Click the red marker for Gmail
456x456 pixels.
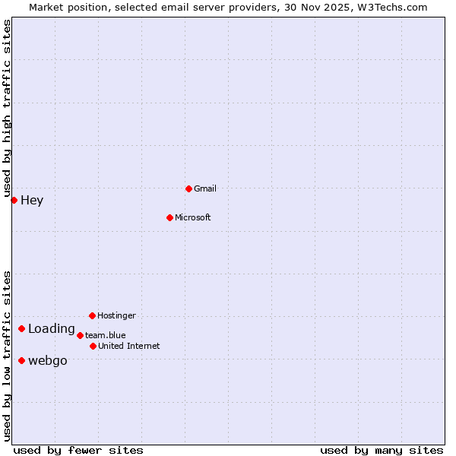tap(188, 188)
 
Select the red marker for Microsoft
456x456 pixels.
tap(169, 217)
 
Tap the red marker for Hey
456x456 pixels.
tap(14, 200)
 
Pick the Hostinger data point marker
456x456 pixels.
tap(92, 315)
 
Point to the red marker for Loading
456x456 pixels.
tap(21, 329)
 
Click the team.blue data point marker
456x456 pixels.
tap(80, 335)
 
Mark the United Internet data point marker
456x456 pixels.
tap(93, 346)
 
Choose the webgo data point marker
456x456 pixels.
tap(21, 360)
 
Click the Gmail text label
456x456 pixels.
tap(205, 188)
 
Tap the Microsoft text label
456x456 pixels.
tap(192, 217)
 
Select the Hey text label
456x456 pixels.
tap(32, 201)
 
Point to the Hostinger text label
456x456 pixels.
tap(116, 315)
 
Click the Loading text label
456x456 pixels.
tap(52, 329)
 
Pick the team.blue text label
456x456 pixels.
tap(106, 335)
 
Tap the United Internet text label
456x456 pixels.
tap(129, 346)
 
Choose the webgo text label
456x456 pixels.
tap(48, 361)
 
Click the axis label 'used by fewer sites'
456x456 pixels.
tap(78, 450)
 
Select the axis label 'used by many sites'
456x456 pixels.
tap(382, 450)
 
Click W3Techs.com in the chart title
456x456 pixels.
tap(392, 7)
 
